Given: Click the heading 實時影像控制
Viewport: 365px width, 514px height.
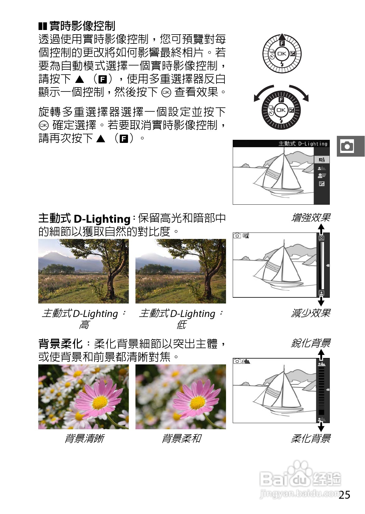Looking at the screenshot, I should coord(82,26).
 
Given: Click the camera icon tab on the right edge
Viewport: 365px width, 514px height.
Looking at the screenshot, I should coord(347,146).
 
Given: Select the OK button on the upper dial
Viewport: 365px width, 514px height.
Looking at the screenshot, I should coord(282,54).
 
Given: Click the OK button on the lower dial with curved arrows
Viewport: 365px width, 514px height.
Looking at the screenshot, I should coord(281,110).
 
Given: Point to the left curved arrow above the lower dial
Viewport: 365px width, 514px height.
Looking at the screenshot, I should coord(262,92).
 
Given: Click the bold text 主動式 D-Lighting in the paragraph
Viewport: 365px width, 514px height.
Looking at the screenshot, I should coord(84,218).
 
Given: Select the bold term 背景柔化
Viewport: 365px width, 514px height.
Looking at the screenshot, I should coord(60,344).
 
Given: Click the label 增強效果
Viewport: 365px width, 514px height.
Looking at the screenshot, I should coord(310,218).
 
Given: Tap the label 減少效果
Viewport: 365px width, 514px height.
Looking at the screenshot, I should coord(310,313).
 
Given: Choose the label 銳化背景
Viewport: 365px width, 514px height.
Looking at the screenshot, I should coord(310,343).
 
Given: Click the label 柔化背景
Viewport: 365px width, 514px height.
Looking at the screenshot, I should coord(310,438).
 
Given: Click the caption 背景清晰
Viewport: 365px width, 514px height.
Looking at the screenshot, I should coord(84,438).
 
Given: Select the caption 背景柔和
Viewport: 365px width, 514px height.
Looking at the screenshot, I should coord(181,438).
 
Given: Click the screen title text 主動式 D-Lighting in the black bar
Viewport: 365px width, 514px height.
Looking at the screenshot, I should coord(303,143).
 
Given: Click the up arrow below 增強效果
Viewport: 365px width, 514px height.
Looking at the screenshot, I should coord(321,229).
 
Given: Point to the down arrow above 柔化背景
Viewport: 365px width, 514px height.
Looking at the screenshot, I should coord(321,427).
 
